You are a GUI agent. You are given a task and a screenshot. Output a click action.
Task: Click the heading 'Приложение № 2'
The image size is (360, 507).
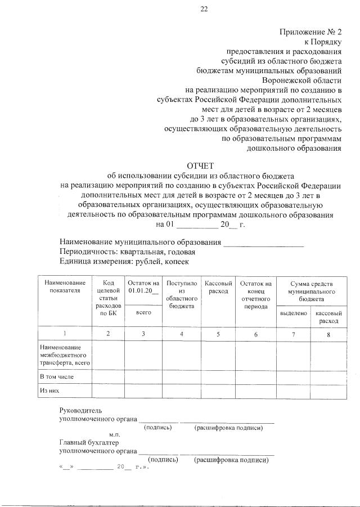[x=310, y=33]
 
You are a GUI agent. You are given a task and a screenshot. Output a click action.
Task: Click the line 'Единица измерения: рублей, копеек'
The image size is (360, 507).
[x=125, y=262]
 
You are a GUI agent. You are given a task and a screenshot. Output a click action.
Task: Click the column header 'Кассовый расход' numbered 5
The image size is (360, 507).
[x=218, y=287]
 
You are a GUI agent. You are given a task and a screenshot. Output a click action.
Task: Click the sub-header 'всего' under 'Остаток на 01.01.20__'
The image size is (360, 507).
[x=143, y=313]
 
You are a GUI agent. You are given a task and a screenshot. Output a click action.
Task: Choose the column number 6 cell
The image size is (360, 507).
[x=255, y=334]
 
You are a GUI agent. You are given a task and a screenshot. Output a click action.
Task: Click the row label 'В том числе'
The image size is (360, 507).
[x=56, y=375]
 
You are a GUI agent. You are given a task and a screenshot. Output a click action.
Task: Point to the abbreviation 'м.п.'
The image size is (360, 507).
[x=115, y=435]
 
